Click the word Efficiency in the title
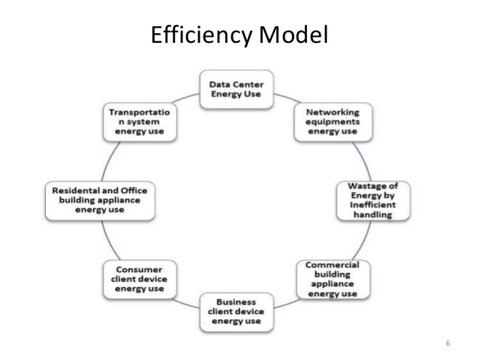coord(196,35)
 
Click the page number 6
coord(447,343)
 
